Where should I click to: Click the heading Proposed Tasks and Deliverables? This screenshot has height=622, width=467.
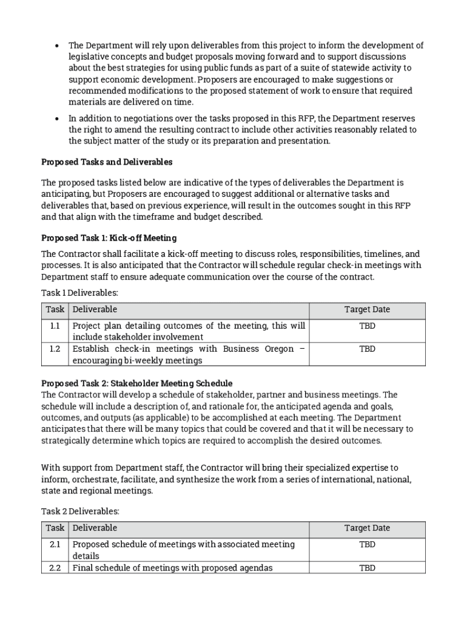(x=107, y=162)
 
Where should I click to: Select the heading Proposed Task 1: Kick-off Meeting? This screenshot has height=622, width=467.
(x=109, y=238)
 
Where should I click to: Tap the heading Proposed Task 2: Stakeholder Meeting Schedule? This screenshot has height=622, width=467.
(x=136, y=383)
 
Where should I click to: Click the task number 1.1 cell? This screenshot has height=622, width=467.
(x=55, y=326)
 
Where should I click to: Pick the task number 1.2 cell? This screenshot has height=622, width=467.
(x=55, y=349)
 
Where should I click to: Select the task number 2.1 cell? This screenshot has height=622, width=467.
(x=55, y=545)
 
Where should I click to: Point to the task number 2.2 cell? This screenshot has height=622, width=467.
(x=55, y=568)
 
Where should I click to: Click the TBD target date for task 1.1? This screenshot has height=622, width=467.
(x=367, y=326)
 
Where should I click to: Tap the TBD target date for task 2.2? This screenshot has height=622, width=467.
(x=367, y=568)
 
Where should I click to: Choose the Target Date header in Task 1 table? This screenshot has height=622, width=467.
(x=367, y=310)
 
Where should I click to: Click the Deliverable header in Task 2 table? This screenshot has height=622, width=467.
(x=95, y=528)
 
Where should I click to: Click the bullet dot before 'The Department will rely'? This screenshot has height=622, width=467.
(x=56, y=46)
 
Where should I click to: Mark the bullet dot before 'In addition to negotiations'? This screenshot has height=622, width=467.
(x=56, y=119)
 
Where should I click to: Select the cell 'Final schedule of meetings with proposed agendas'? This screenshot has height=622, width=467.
(x=172, y=568)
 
